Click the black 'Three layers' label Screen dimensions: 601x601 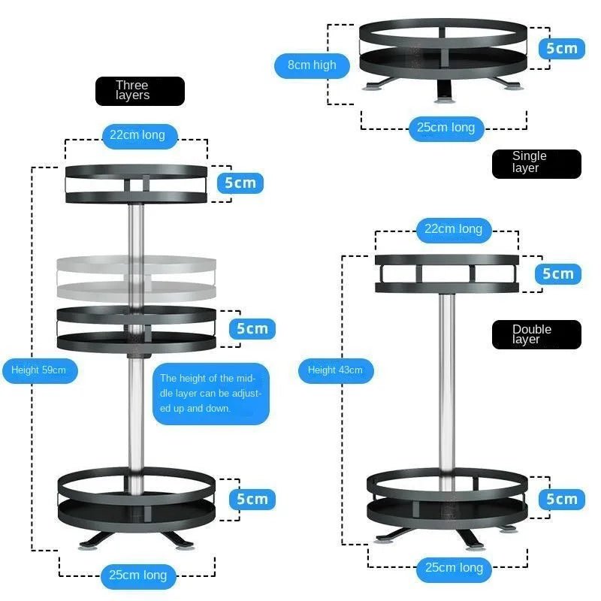(x=140, y=91)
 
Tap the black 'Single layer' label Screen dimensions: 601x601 (x=536, y=164)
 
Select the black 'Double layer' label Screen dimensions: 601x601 (x=536, y=334)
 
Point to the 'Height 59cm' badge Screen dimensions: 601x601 (x=39, y=370)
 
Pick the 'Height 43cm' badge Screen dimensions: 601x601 (x=335, y=370)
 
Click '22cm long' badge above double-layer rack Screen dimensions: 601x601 (x=453, y=229)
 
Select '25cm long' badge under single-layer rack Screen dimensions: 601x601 (x=446, y=128)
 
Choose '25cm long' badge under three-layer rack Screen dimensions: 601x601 (x=137, y=575)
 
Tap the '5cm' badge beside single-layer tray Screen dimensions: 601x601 (x=561, y=49)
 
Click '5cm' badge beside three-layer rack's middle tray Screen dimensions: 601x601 (x=252, y=328)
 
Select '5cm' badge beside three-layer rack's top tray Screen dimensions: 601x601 (x=240, y=183)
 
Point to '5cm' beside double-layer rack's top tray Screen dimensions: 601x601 (x=558, y=273)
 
